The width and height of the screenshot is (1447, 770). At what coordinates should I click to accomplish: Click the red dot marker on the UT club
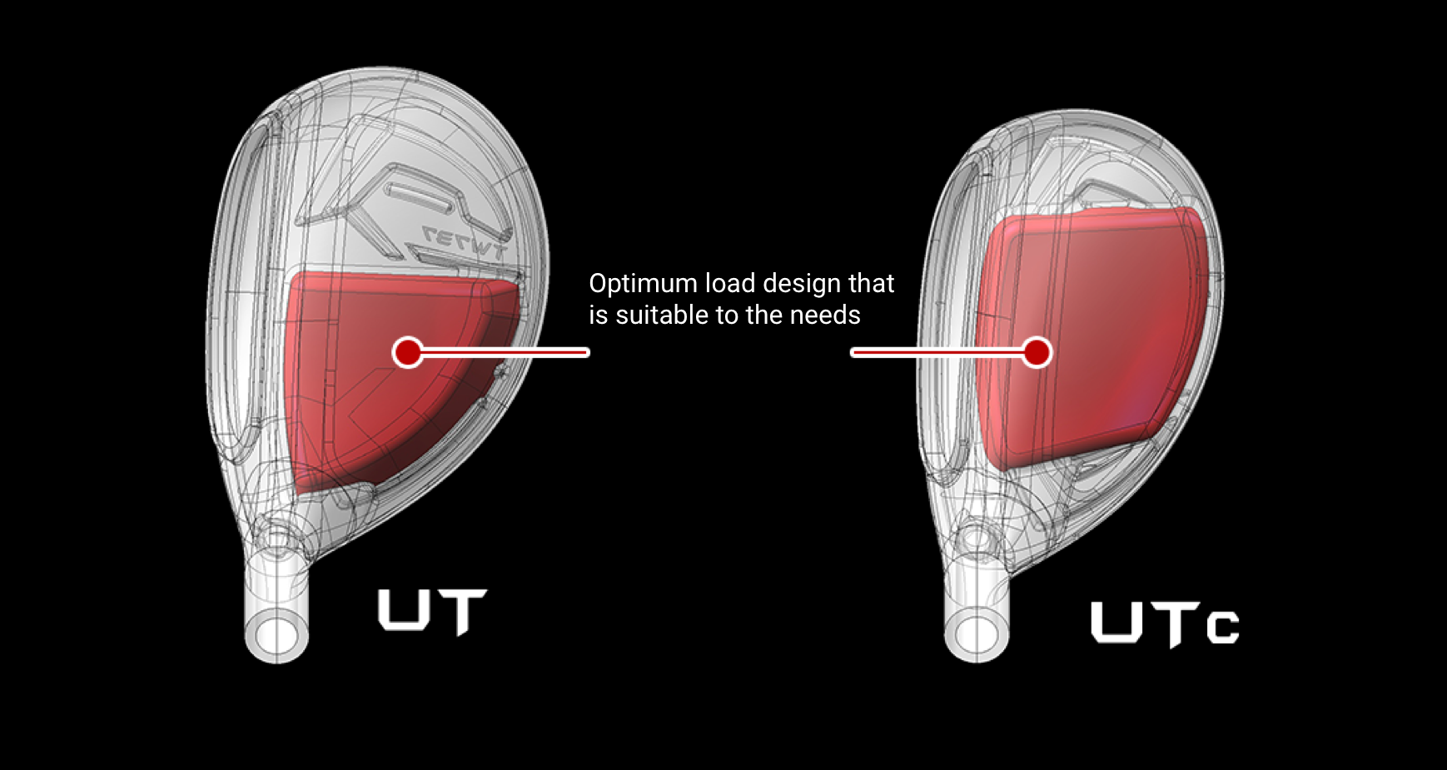[x=408, y=352]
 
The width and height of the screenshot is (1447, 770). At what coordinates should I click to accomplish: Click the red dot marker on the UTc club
[x=1037, y=352]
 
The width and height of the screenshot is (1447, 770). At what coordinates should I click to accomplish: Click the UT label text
[x=432, y=612]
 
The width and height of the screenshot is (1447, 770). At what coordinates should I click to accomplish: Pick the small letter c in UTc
[x=1223, y=628]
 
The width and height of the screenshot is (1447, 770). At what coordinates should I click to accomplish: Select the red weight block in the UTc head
[x=1091, y=337]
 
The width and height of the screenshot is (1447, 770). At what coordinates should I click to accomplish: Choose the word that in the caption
[x=871, y=284]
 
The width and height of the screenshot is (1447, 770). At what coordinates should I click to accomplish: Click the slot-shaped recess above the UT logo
[x=420, y=194]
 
